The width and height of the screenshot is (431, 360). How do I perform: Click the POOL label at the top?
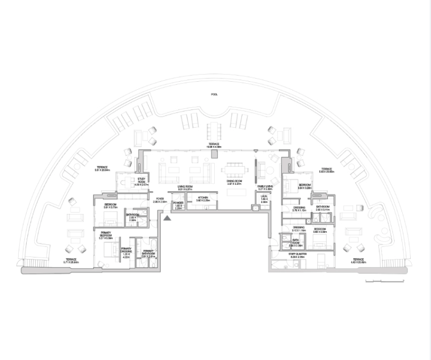(214, 95)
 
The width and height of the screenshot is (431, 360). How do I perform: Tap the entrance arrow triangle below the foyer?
(167, 217)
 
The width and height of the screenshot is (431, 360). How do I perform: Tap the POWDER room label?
(178, 205)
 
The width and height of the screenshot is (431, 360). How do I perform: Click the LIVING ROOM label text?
(185, 187)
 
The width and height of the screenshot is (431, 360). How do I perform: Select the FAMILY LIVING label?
(265, 187)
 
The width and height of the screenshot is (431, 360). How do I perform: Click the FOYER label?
(160, 201)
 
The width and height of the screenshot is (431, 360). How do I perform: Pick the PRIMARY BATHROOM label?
(148, 254)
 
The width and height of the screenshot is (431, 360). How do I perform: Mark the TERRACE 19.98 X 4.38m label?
(215, 146)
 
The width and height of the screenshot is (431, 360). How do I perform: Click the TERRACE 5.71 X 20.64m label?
(71, 262)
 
